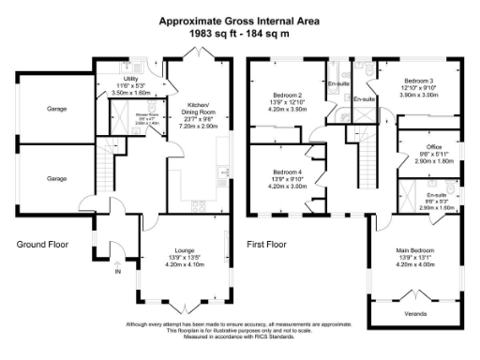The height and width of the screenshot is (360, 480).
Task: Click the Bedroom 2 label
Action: point(287,95)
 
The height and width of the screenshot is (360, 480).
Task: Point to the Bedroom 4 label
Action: point(287,173)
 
